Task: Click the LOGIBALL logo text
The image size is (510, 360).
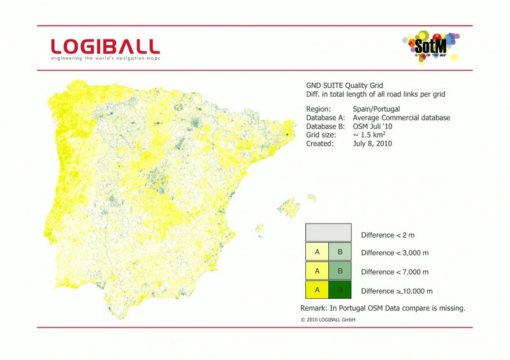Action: tap(105, 46)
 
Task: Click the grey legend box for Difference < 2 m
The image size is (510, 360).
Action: tap(328, 233)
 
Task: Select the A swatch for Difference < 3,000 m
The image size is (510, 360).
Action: tap(317, 252)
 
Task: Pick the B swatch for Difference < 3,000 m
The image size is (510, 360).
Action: tap(340, 252)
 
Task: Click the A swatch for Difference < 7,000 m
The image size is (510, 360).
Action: tap(317, 271)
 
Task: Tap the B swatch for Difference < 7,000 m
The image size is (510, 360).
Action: tap(340, 271)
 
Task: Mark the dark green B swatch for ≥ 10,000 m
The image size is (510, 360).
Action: tap(340, 291)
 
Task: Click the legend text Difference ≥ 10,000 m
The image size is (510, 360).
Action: tap(397, 291)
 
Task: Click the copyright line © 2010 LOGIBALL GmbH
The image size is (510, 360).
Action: tap(328, 319)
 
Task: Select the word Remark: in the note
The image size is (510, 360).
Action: tap(314, 308)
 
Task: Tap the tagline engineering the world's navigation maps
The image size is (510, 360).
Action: tap(106, 58)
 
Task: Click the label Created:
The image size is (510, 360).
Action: tap(319, 144)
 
